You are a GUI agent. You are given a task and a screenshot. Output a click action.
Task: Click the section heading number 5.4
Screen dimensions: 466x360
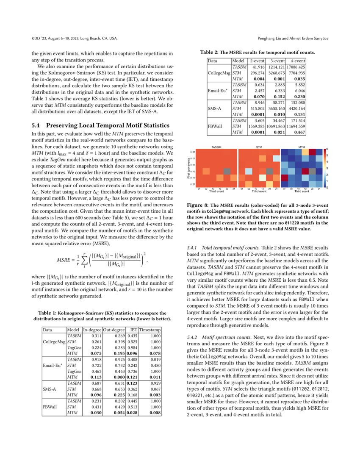(36, 125)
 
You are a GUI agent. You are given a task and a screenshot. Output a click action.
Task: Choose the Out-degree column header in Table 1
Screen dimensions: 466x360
(113, 341)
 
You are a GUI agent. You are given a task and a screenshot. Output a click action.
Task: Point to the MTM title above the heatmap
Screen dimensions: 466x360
(302, 147)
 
